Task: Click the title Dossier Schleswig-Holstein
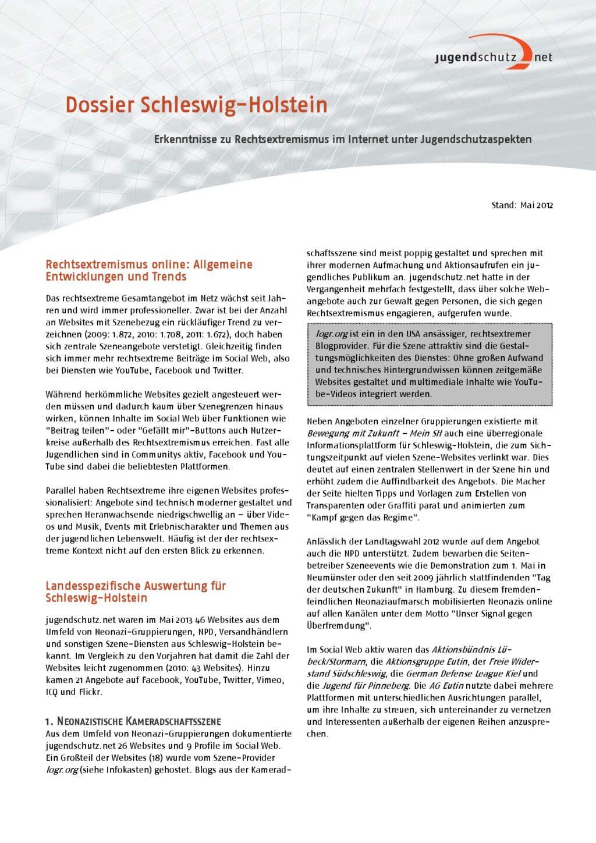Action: tap(196, 105)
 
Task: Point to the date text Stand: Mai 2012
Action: tap(521, 205)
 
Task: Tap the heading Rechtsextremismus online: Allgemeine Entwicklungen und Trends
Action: tap(149, 270)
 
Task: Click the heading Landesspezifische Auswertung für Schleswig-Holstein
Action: tap(136, 591)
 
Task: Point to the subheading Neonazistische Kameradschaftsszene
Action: tap(133, 721)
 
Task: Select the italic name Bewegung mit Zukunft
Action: tap(353, 433)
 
